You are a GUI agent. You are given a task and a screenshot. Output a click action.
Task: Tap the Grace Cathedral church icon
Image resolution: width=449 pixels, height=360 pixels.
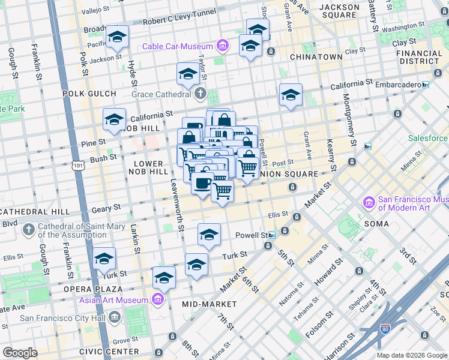[x=200, y=94]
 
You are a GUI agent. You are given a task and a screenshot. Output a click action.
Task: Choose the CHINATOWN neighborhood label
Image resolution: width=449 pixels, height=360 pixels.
[x=316, y=57]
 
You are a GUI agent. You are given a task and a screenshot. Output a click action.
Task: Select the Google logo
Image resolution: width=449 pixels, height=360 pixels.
[x=20, y=353]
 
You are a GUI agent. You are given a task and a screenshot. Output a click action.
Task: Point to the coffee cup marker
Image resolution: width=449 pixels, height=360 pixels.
[x=202, y=182]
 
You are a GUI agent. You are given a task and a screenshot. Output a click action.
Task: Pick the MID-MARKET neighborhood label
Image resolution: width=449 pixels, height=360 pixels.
[x=211, y=304]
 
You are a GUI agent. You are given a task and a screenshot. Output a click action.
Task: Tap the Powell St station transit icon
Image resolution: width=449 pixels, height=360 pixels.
[x=272, y=235]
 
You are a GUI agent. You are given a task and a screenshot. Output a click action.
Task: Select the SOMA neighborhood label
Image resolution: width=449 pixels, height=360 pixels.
[x=377, y=223]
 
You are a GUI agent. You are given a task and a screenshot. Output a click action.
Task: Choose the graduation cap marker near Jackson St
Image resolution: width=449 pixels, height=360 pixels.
[x=118, y=37]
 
